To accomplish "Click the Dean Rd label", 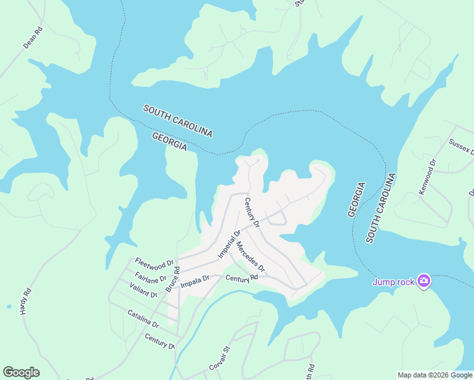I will point(33,38).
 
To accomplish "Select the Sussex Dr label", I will point(461,146).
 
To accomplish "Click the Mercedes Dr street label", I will point(250,258).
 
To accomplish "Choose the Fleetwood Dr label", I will point(154,263).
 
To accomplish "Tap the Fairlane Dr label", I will point(150,277).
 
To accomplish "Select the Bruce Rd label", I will point(173,279).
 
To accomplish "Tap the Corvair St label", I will point(218,358).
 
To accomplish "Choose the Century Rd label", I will point(241,278).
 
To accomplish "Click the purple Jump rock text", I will point(393,282).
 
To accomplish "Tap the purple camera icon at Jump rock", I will point(424,281).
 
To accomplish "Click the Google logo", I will point(21,372).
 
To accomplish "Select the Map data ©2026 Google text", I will point(435,375).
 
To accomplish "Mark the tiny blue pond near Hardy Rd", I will point(9,307).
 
